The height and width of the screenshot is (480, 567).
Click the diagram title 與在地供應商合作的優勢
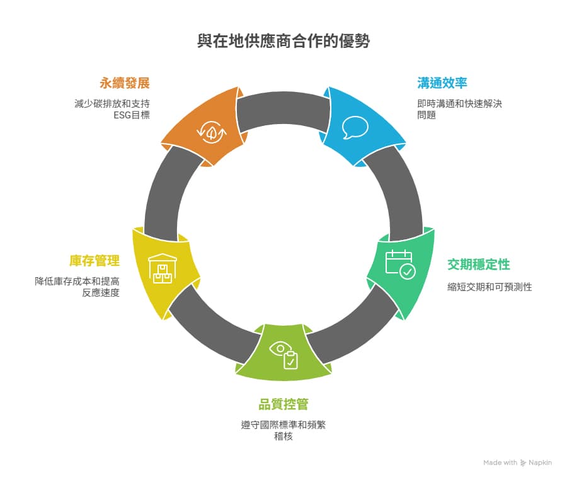283,42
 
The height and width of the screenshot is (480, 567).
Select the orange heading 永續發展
124,83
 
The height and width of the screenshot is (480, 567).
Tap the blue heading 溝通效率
442,83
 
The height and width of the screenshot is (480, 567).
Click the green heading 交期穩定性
479,264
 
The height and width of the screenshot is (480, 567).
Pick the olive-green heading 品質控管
283,404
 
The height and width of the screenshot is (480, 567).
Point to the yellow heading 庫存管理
94,261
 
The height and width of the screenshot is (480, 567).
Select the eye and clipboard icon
284,355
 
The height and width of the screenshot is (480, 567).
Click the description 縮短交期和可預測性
490,287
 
